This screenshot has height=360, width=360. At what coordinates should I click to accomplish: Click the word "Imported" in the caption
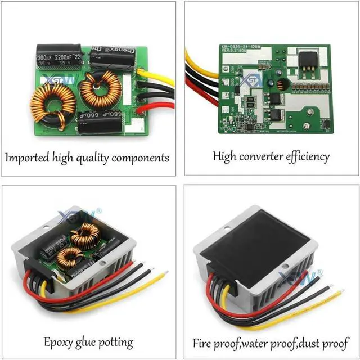point(26,157)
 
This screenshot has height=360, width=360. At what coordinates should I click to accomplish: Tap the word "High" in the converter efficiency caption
point(225,156)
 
